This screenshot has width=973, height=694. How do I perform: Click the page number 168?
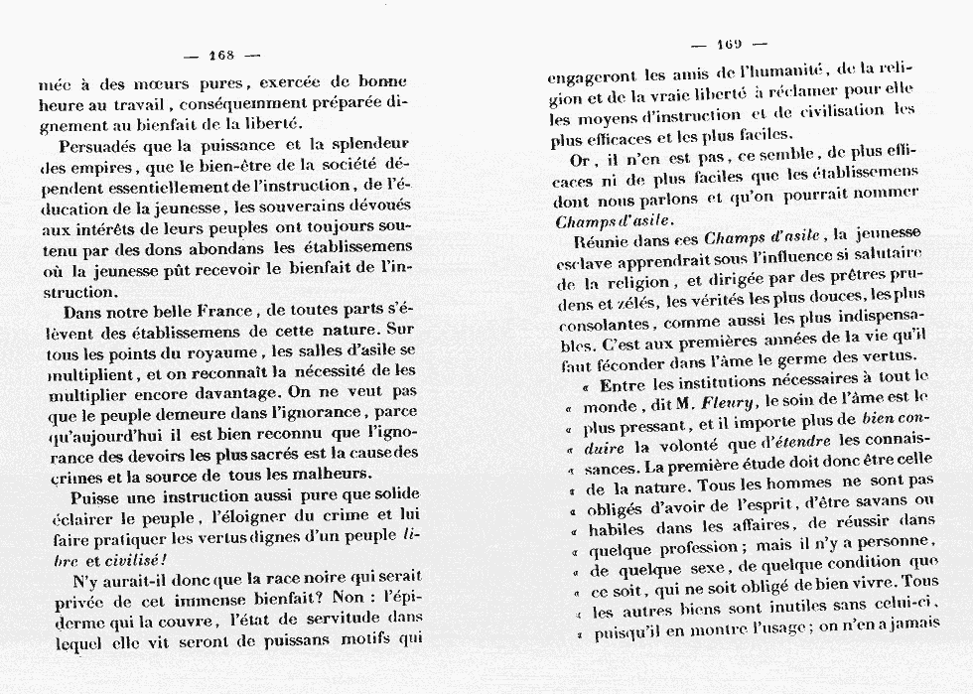(x=220, y=54)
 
